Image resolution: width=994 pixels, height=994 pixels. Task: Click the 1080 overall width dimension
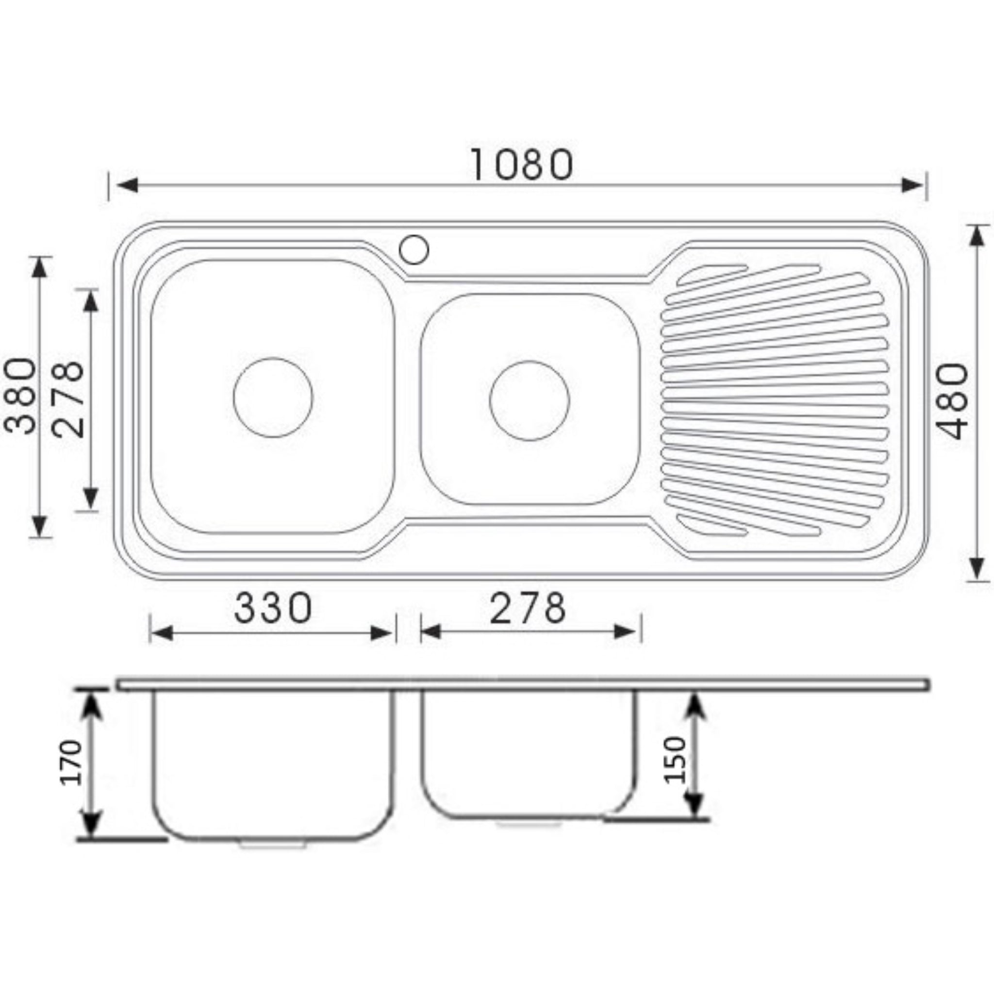click(x=521, y=165)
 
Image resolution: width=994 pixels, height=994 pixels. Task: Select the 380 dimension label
click(x=20, y=396)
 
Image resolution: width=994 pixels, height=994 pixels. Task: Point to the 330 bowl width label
click(x=273, y=608)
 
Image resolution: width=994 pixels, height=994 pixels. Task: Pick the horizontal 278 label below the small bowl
click(x=528, y=608)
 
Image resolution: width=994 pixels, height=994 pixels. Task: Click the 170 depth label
click(x=70, y=762)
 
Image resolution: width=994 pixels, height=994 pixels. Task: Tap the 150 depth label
click(x=675, y=760)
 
